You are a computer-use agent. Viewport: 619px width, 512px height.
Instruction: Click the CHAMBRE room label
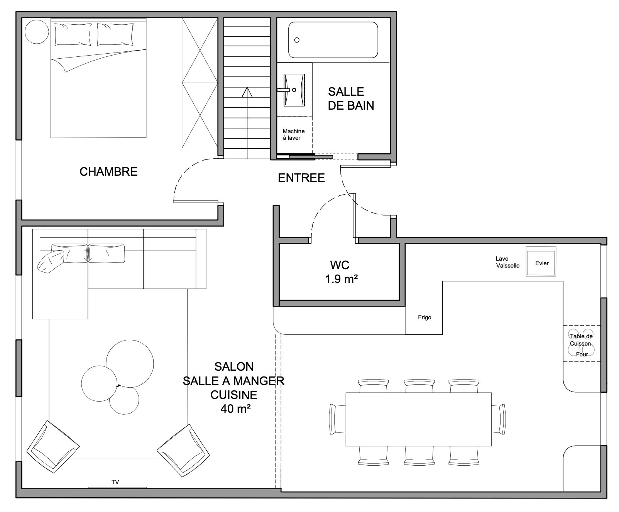pyautogui.click(x=108, y=171)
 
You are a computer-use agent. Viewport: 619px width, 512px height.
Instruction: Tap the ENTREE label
pyautogui.click(x=301, y=178)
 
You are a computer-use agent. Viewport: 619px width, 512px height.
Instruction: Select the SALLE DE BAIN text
pyautogui.click(x=351, y=98)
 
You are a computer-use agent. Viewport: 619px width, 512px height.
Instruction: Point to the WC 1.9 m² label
pyautogui.click(x=340, y=272)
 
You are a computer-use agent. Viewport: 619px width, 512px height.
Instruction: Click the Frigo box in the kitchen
pyautogui.click(x=424, y=317)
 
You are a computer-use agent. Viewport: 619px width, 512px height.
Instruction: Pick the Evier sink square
pyautogui.click(x=541, y=262)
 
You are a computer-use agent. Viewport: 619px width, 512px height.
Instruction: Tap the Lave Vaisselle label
pyautogui.click(x=507, y=262)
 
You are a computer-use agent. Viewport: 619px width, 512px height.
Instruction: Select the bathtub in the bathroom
pyautogui.click(x=333, y=40)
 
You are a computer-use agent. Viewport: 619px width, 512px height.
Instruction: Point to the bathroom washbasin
pyautogui.click(x=294, y=90)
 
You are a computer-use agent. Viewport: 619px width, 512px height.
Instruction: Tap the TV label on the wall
pyautogui.click(x=115, y=482)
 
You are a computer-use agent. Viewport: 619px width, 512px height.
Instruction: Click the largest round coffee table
pyautogui.click(x=130, y=363)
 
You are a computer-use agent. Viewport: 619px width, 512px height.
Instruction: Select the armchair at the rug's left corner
pyautogui.click(x=53, y=446)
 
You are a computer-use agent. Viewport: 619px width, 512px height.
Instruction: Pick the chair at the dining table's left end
pyautogui.click(x=338, y=419)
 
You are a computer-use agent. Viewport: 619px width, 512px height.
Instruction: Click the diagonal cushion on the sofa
pyautogui.click(x=51, y=261)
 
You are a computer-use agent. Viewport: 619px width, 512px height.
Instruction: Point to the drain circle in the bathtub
pyautogui.click(x=297, y=40)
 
